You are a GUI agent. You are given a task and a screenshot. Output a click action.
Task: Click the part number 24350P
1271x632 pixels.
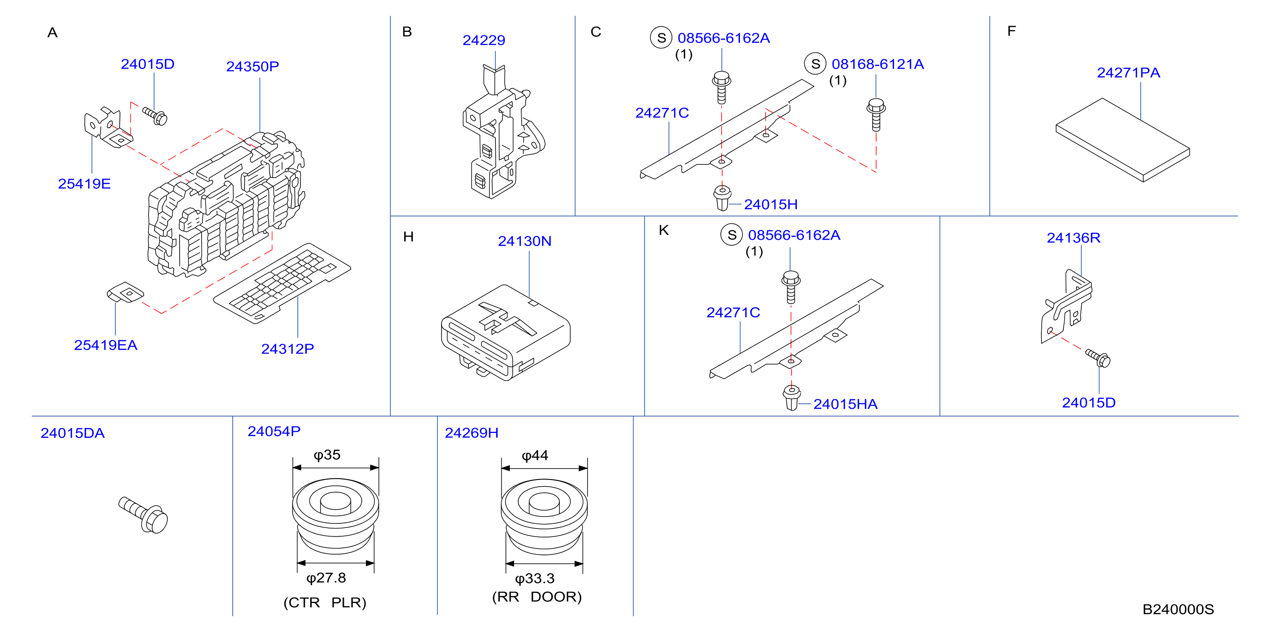pyautogui.click(x=252, y=66)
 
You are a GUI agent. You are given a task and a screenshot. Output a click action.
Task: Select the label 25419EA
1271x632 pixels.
pyautogui.click(x=106, y=345)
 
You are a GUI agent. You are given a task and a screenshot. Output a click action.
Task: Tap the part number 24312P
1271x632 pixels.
pyautogui.click(x=287, y=349)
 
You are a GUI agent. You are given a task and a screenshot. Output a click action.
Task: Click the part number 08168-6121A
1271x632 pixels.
pyautogui.click(x=878, y=64)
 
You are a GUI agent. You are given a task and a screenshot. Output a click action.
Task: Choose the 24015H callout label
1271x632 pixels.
pyautogui.click(x=771, y=204)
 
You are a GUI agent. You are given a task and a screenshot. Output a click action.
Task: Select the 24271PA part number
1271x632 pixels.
pyautogui.click(x=1128, y=72)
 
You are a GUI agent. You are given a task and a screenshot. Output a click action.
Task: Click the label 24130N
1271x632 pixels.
pyautogui.click(x=525, y=241)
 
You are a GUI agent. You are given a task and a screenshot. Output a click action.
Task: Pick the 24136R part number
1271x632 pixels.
pyautogui.click(x=1074, y=238)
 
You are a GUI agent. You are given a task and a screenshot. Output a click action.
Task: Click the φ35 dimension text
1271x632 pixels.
pyautogui.click(x=327, y=455)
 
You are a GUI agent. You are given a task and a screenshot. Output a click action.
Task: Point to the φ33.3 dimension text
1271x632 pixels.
pyautogui.click(x=535, y=578)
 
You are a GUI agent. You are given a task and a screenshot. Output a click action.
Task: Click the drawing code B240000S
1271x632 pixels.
pyautogui.click(x=1178, y=609)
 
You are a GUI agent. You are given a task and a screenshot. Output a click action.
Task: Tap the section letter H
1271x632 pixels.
pyautogui.click(x=408, y=237)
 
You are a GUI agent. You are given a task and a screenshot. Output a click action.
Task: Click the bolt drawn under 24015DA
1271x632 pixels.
pyautogui.click(x=143, y=515)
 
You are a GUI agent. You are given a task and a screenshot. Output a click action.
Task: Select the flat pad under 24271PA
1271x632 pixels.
pyautogui.click(x=1122, y=140)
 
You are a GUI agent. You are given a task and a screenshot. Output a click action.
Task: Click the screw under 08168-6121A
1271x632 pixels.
pyautogui.click(x=876, y=115)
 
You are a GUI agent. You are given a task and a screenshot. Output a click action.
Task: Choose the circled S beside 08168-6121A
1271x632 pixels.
pyautogui.click(x=815, y=64)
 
